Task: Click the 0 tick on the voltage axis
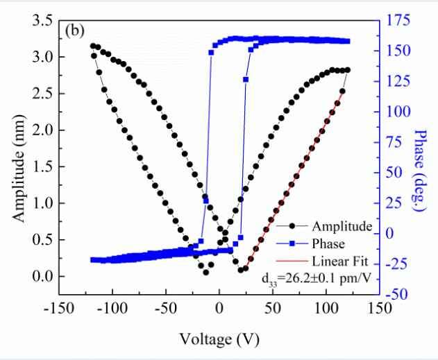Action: coord(219,308)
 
